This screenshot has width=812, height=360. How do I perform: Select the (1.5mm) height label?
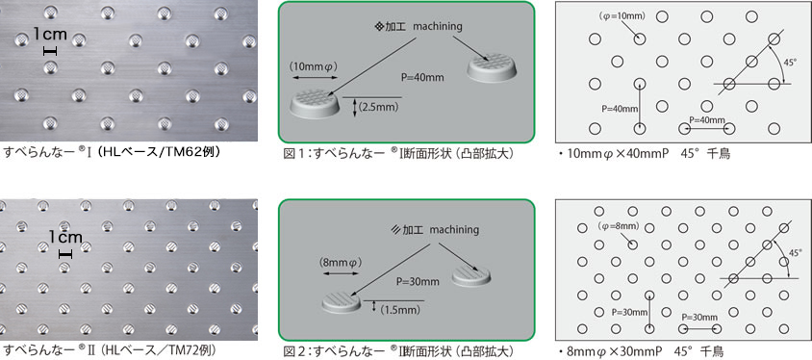399,309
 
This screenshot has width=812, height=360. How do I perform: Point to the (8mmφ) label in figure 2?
339,263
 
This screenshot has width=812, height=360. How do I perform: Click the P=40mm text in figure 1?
423,78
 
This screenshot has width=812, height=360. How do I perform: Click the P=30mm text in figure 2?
418,282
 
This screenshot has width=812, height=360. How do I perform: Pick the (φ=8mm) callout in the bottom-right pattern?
619,226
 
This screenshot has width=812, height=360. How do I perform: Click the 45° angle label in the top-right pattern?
790,63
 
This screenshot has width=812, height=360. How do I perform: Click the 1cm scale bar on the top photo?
50,51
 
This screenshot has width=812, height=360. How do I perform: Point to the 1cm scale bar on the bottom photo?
64,254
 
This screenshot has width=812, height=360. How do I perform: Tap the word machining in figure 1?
438,26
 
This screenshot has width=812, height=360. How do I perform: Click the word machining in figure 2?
454,229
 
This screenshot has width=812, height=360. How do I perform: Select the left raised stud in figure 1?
316,103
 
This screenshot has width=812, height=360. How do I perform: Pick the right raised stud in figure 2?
471,276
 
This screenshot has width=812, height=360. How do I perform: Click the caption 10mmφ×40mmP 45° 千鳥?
645,154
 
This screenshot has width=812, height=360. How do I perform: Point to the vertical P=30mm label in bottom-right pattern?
629,312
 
